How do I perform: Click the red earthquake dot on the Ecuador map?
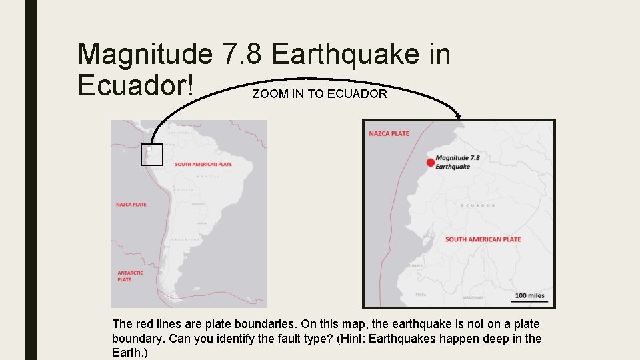[x=431, y=163]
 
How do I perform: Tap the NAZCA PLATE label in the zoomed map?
[x=389, y=133]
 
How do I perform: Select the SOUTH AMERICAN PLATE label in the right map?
[x=483, y=239]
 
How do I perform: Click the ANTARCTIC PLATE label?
[x=130, y=276]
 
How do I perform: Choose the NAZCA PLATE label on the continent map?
[x=131, y=205]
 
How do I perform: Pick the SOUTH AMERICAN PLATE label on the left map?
[x=203, y=165]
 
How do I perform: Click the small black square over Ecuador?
[x=152, y=154]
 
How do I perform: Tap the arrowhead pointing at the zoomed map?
[x=459, y=117]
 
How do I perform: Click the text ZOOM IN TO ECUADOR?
[x=319, y=94]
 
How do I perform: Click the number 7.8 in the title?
[x=243, y=54]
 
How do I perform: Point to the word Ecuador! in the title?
[x=137, y=85]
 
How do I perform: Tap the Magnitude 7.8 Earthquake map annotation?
[x=457, y=162]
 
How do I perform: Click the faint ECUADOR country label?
[x=477, y=205]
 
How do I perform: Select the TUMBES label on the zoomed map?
[x=415, y=265]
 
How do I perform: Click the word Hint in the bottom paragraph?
[x=471, y=339]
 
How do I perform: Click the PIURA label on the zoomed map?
[x=421, y=293]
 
